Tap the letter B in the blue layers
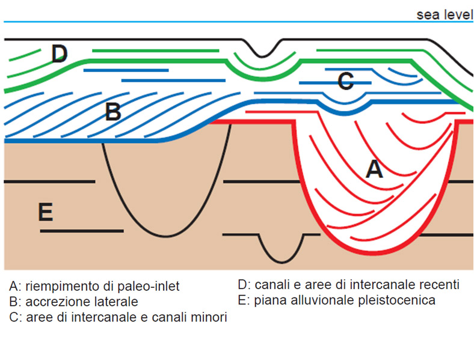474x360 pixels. [113, 112]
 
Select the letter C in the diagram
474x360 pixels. [345, 81]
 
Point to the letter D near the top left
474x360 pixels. [59, 54]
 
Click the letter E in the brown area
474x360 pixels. [45, 212]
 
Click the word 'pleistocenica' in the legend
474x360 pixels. [401, 300]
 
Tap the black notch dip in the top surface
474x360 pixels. [261, 56]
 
